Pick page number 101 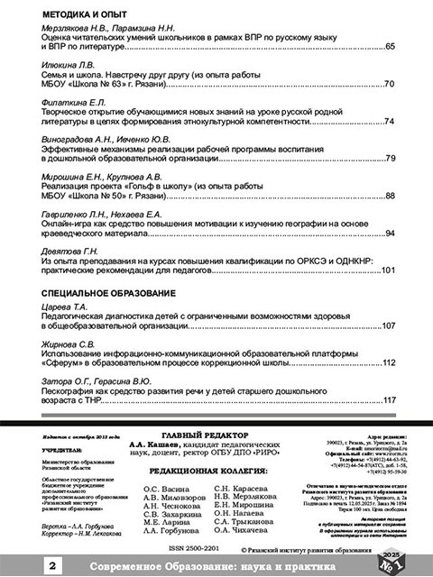click(388, 270)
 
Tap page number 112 click(388, 362)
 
